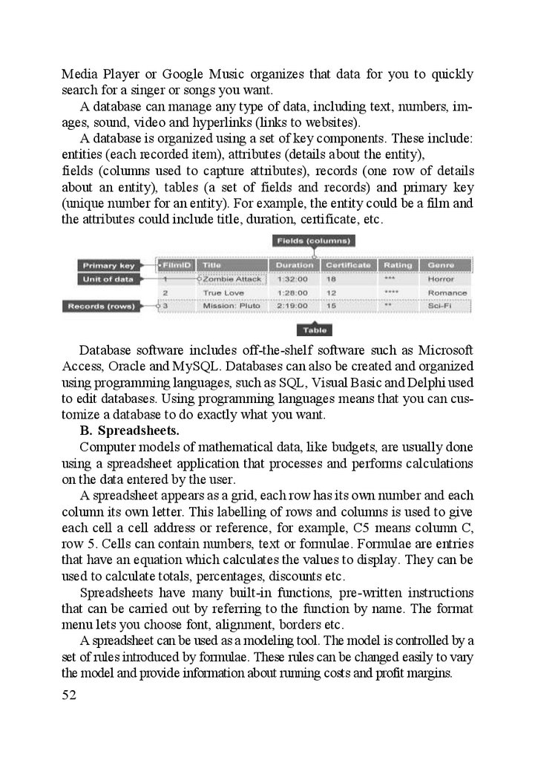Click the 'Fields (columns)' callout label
(315, 241)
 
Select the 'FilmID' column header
(177, 265)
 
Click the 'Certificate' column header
(348, 265)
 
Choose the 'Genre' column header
(441, 265)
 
